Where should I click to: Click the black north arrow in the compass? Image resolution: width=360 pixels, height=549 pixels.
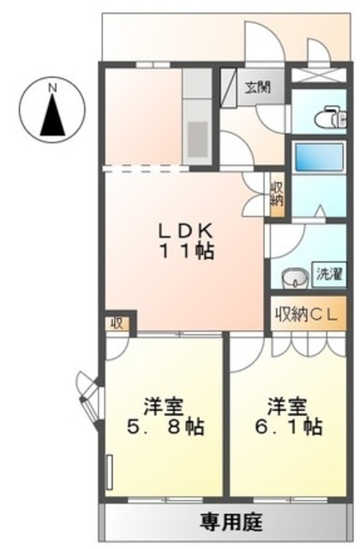[x=52, y=115]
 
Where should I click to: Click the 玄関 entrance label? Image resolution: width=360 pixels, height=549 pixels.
[x=258, y=87]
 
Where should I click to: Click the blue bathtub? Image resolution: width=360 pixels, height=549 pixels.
[x=319, y=157]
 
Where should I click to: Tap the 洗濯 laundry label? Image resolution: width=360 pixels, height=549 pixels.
[x=329, y=274]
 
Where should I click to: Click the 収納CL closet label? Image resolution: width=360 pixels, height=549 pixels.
[x=307, y=315]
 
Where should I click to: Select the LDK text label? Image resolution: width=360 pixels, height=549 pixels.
[x=185, y=231]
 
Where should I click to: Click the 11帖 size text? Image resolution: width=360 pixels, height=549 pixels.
[x=187, y=251]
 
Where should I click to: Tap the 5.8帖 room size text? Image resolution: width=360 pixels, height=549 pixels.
[x=165, y=427]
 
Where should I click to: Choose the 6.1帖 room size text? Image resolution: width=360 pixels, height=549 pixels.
[x=288, y=427]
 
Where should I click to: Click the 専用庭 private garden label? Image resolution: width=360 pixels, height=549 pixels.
[x=231, y=522]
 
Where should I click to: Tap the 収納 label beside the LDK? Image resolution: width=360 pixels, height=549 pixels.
[x=277, y=195]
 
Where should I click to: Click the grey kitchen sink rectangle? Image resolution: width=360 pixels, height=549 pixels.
[x=198, y=139]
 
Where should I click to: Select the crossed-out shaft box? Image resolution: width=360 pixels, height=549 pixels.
[x=318, y=75]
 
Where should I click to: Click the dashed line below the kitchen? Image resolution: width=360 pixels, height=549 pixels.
[x=146, y=168]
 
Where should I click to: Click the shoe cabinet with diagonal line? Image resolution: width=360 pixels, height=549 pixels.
[x=229, y=87]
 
